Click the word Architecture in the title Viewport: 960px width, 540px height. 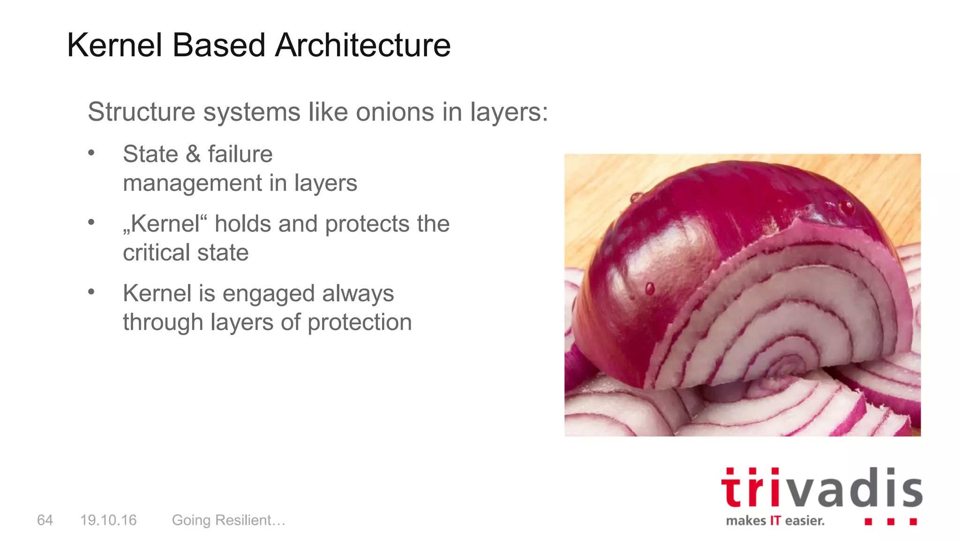(363, 45)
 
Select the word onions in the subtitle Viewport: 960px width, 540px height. (395, 112)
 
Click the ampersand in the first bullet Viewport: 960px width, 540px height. (193, 154)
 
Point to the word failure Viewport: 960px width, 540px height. (240, 154)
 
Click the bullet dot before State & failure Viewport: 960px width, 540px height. (91, 152)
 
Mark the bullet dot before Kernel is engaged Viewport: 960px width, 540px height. (91, 292)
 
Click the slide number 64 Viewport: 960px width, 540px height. (45, 520)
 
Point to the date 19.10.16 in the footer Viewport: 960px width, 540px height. (108, 520)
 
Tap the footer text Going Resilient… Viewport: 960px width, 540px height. (229, 520)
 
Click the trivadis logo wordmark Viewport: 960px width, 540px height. (821, 488)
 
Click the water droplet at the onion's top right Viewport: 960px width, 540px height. (847, 207)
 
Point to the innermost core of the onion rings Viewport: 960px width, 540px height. (788, 365)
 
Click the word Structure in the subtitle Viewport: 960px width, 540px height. (141, 112)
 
